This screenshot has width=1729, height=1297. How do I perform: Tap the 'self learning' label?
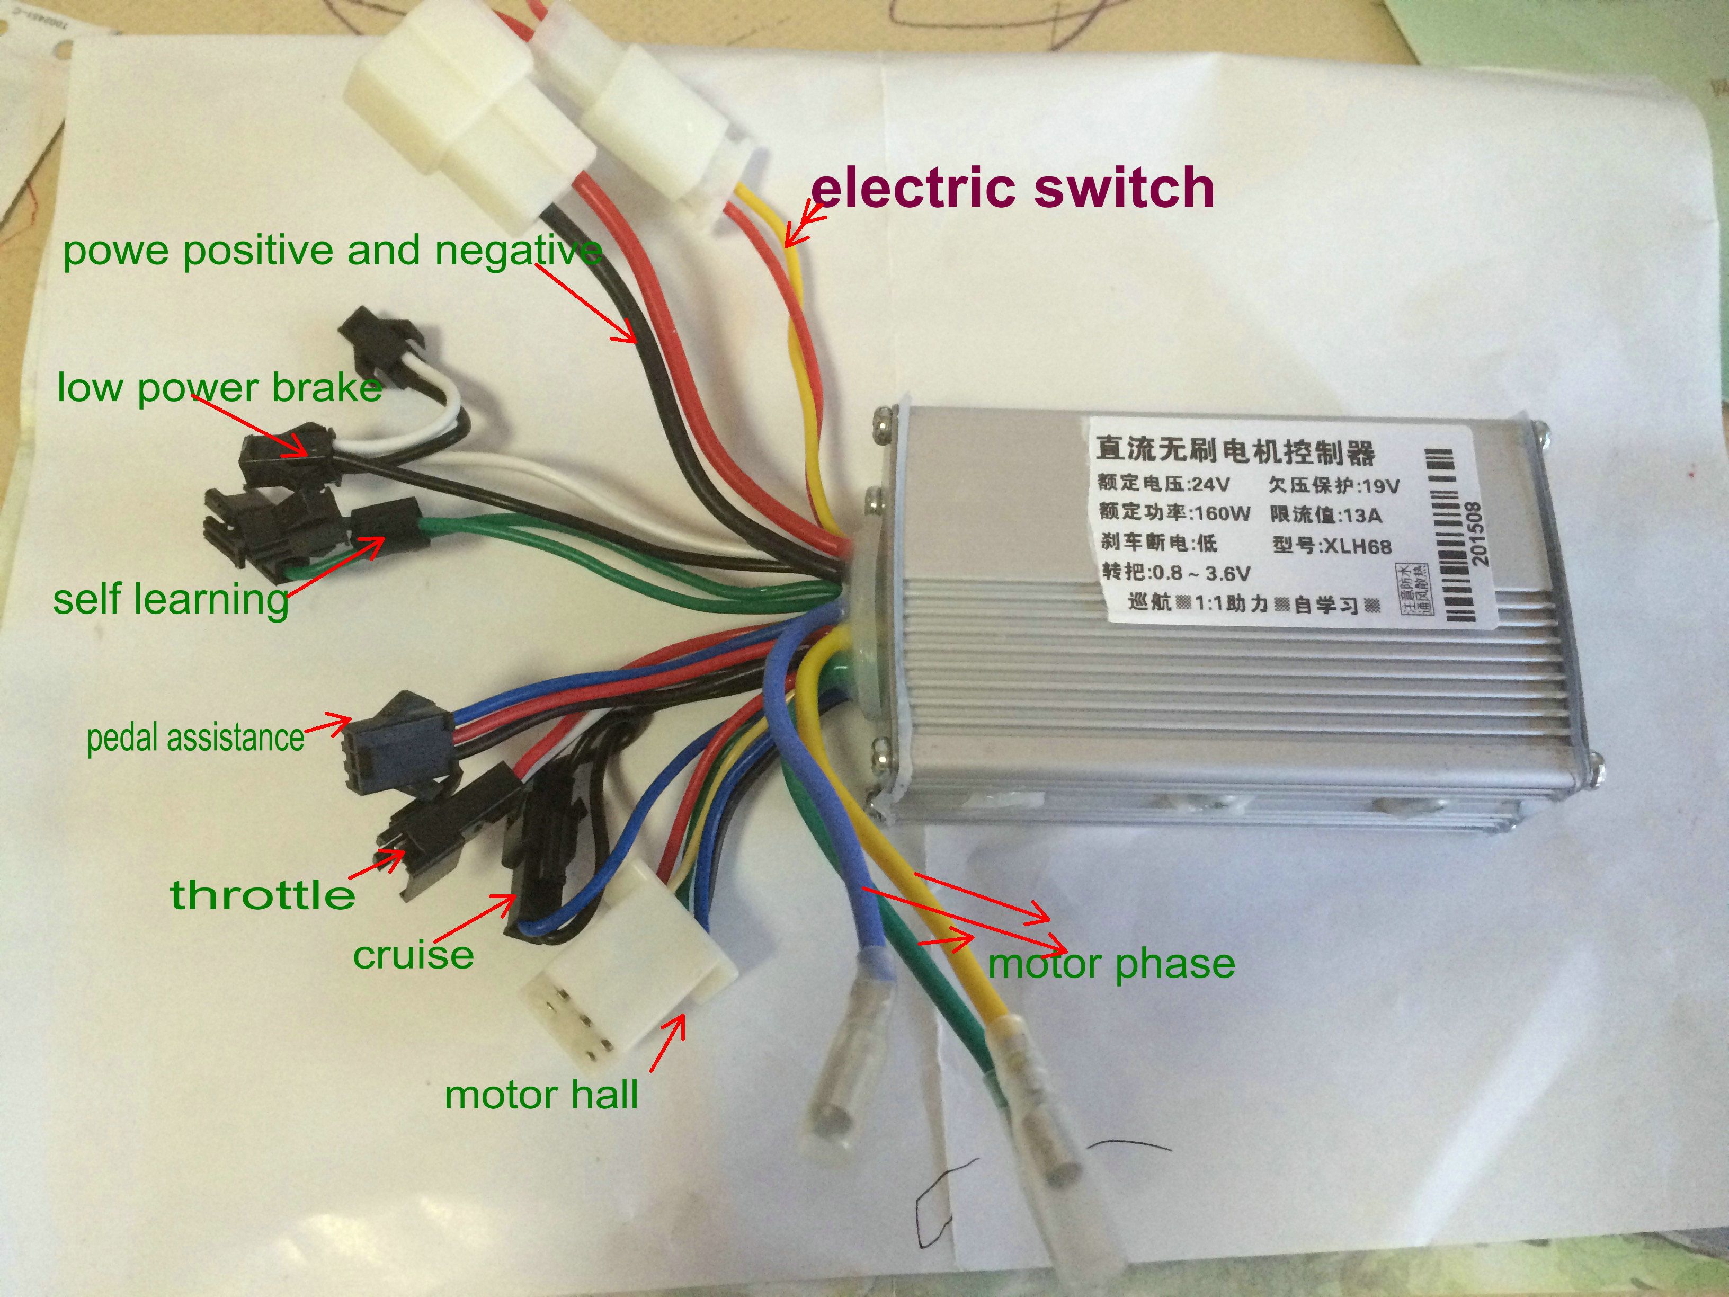(x=171, y=600)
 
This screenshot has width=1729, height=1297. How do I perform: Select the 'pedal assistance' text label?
(x=195, y=737)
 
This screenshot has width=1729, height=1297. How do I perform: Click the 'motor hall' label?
(x=541, y=1095)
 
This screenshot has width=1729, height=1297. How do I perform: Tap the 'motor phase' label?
(x=1111, y=963)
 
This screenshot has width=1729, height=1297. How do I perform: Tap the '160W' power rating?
(x=1221, y=513)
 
